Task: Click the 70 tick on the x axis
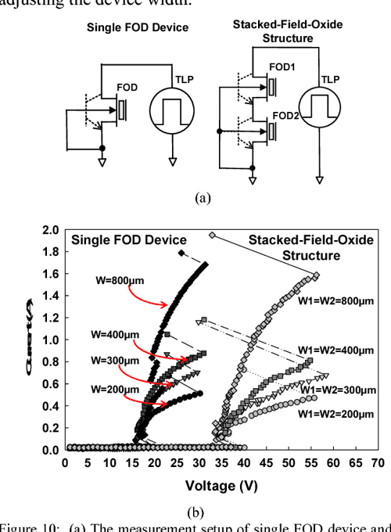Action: [x=378, y=462]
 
